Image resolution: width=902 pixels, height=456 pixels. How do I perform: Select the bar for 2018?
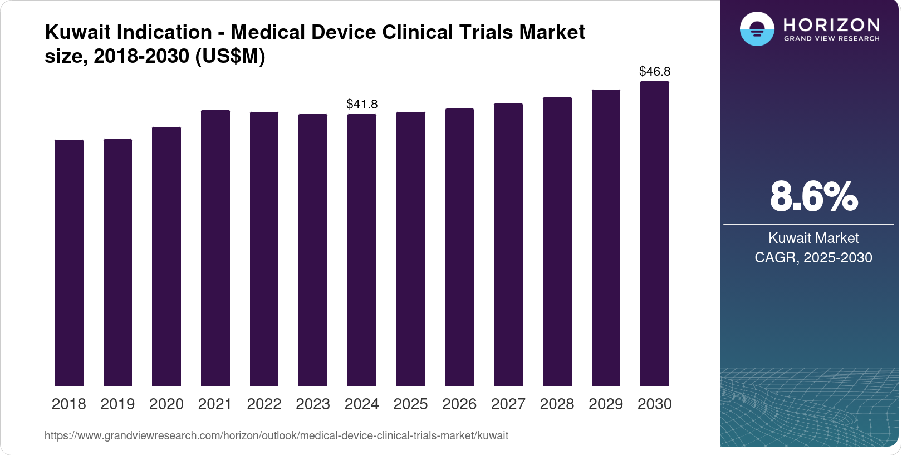(69, 262)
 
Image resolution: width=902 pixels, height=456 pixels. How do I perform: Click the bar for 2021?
(215, 248)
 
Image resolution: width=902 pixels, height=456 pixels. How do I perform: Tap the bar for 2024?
(362, 250)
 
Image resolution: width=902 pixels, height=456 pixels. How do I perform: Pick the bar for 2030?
(655, 234)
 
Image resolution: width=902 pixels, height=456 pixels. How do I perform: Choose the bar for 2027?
(508, 245)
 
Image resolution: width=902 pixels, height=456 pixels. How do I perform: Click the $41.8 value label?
(362, 104)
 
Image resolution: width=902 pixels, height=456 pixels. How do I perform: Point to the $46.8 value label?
(655, 71)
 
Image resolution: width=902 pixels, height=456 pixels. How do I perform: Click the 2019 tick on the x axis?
(117, 404)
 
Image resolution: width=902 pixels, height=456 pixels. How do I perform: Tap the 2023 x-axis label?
(313, 404)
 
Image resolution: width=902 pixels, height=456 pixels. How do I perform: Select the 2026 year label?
(459, 404)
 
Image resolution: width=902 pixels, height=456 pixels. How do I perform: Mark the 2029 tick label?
(606, 404)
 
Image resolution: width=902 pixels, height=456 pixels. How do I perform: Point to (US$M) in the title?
(230, 56)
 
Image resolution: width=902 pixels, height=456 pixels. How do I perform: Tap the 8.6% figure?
(813, 196)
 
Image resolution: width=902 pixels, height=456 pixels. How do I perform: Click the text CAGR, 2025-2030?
(813, 257)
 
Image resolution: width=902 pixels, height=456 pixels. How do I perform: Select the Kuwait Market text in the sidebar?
(813, 238)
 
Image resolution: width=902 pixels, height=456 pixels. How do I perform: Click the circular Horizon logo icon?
(757, 29)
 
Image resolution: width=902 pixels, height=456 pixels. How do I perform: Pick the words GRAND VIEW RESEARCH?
(832, 39)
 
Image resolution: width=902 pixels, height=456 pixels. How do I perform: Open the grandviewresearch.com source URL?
(276, 435)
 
